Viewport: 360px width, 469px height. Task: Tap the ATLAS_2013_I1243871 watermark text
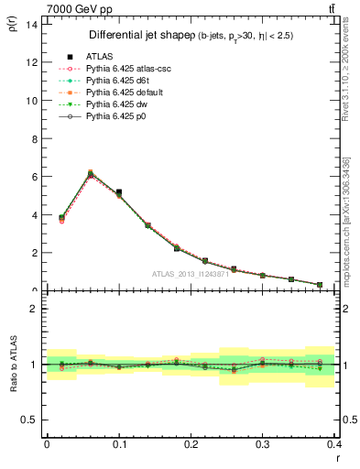[191, 274]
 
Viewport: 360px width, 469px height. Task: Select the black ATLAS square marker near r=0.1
[119, 192]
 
